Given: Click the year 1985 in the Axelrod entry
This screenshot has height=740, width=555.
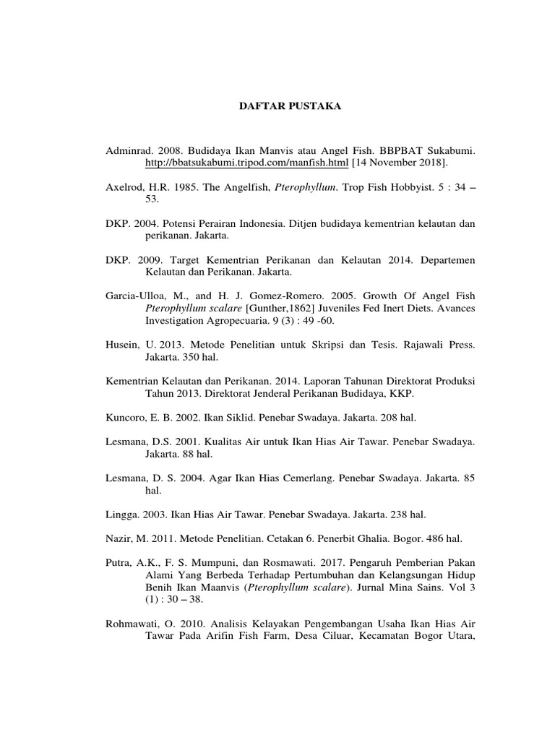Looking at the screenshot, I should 184,186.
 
